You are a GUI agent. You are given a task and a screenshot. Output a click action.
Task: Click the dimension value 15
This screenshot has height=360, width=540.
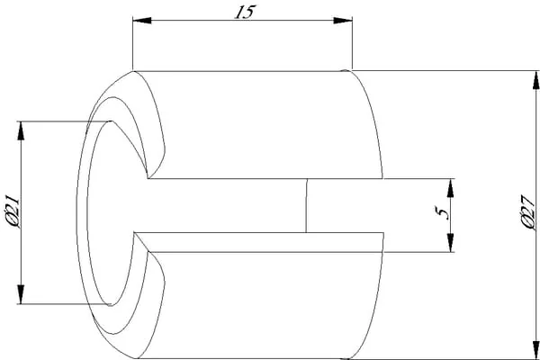[x=245, y=12]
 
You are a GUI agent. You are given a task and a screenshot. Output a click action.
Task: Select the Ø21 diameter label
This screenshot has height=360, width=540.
[x=13, y=211]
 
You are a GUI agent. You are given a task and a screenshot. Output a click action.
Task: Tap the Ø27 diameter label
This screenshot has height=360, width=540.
[x=527, y=212]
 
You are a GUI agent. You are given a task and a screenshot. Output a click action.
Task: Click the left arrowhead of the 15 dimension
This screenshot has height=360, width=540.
[x=142, y=21]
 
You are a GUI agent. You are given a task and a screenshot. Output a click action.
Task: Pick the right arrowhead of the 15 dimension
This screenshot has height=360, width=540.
[x=343, y=21]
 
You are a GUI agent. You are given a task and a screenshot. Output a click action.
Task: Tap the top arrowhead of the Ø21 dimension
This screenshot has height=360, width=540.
[x=21, y=130]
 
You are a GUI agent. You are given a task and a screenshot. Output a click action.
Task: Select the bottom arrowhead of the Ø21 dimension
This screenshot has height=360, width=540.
[x=21, y=295]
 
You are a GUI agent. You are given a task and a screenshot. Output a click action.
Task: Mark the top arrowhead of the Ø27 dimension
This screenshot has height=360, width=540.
[x=535, y=80]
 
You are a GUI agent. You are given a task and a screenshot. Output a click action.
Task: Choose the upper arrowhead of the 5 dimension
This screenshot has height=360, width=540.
[x=451, y=188]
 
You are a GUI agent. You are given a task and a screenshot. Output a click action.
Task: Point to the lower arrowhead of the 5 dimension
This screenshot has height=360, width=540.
[x=451, y=243]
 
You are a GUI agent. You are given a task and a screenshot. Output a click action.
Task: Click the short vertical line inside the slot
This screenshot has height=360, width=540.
[x=306, y=206]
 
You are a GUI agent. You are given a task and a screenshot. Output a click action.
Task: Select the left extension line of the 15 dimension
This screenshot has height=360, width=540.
[x=133, y=43]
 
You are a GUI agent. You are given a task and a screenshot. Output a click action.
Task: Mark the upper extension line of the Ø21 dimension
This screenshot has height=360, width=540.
[x=65, y=121]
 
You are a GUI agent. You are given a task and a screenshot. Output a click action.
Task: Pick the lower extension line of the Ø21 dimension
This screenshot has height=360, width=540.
[x=64, y=304]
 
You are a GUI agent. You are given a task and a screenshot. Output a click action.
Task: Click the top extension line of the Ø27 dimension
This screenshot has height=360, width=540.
[x=445, y=70]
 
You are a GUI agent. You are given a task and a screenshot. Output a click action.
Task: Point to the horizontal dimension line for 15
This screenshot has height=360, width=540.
[x=242, y=21]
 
